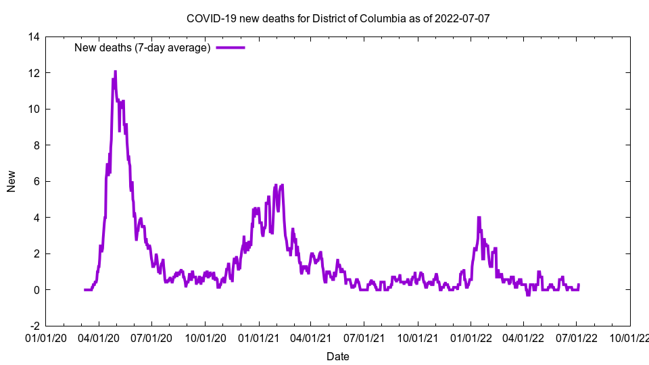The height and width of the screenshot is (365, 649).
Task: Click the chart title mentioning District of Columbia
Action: (337, 18)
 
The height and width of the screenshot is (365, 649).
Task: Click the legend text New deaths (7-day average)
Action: (142, 47)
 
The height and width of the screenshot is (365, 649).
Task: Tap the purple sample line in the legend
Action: (230, 47)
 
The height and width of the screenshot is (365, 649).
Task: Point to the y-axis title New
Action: (11, 181)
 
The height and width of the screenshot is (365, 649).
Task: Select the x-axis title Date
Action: (337, 356)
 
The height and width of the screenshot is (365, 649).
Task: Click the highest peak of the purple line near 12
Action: (115, 72)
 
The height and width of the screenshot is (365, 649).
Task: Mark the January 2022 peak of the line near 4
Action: (479, 218)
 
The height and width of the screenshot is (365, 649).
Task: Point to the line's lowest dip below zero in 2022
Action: (528, 295)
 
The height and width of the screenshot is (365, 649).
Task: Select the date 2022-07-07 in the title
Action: (462, 18)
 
